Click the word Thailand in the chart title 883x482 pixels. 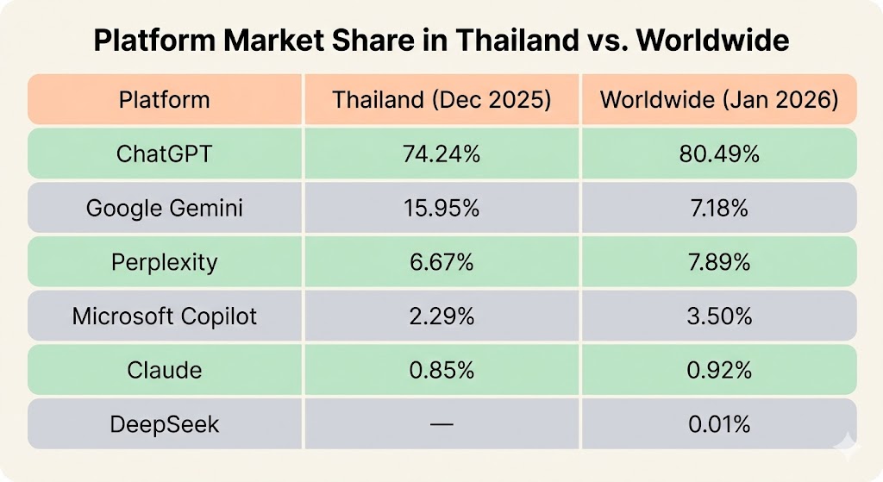point(499,41)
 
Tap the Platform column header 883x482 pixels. point(164,99)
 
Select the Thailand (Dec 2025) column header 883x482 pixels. point(441,99)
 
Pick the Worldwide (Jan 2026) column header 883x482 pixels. point(719,99)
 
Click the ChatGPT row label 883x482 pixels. point(164,154)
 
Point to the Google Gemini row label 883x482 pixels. point(164,208)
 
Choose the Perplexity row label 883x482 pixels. point(164,262)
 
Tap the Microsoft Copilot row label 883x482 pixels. point(164,316)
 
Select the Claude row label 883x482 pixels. point(164,370)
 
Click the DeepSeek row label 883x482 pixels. point(164,424)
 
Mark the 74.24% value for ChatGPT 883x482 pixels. point(441,154)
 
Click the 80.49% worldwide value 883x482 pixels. point(719,154)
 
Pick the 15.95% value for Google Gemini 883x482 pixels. point(441,208)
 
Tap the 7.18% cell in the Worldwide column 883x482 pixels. point(719,208)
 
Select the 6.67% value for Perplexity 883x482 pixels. point(441,262)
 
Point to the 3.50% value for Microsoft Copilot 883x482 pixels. point(719,316)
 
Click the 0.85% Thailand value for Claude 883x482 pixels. point(441,370)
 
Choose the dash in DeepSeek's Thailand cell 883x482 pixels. point(441,424)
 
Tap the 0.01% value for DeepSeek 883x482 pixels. point(719,424)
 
